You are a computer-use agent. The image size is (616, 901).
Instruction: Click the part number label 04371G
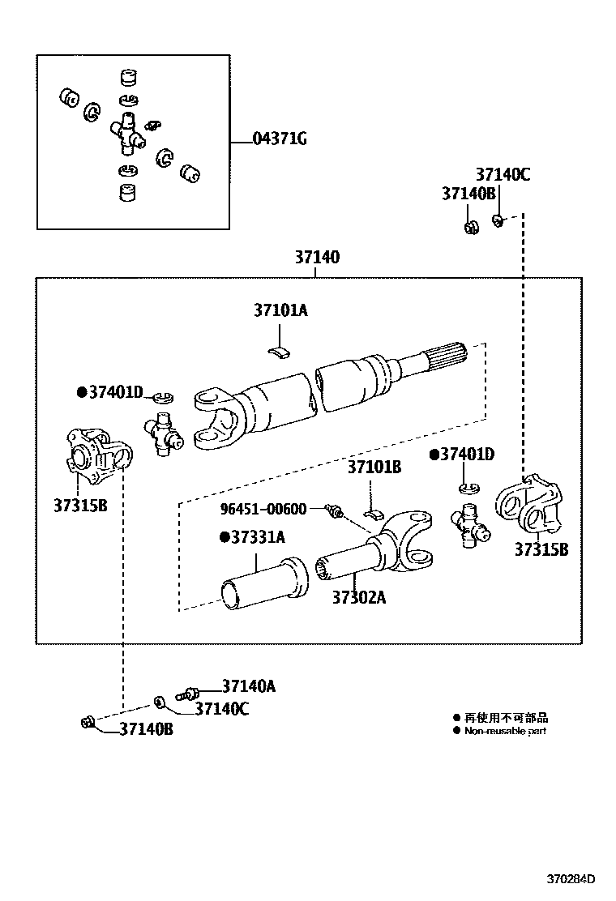(x=280, y=139)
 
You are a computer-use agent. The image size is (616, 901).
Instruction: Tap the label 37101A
(x=280, y=310)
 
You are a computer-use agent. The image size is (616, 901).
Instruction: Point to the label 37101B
(x=374, y=467)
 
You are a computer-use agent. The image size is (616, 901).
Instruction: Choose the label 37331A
(x=257, y=536)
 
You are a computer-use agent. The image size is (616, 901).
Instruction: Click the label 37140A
(x=249, y=686)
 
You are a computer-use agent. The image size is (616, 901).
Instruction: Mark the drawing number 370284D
(x=571, y=879)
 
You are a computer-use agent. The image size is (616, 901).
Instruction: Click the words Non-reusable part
(x=505, y=731)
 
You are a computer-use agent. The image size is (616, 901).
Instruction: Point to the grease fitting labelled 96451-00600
(x=332, y=510)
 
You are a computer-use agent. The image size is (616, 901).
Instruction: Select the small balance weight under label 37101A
(x=280, y=351)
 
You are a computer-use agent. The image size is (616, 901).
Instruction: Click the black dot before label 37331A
(x=223, y=536)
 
